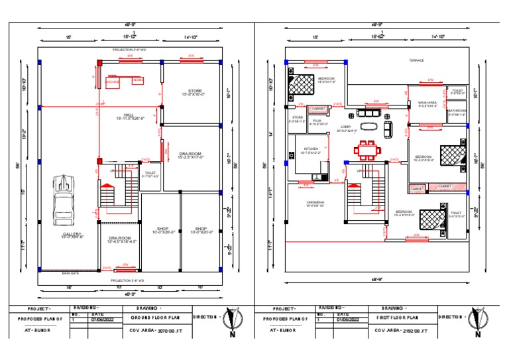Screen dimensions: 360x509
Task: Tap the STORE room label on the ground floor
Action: [x=195, y=91]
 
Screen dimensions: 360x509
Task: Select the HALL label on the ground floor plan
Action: [x=119, y=115]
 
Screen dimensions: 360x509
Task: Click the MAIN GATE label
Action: [x=70, y=272]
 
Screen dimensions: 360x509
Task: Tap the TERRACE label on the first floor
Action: [x=416, y=60]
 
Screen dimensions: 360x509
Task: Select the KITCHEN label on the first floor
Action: [x=311, y=149]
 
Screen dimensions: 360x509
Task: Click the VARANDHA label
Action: [x=314, y=202]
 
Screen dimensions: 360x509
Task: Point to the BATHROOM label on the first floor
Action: [x=457, y=111]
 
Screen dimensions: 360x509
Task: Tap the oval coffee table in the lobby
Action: [x=367, y=126]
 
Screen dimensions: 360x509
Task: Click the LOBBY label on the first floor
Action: [x=346, y=126]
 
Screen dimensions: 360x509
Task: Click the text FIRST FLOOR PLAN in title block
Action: [x=402, y=317]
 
